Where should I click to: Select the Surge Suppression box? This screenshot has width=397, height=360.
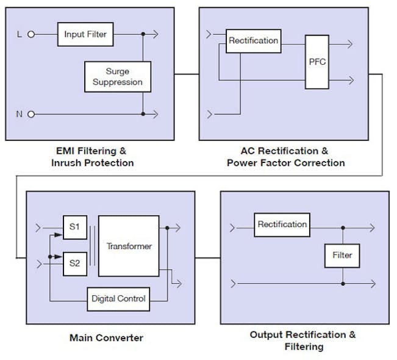(x=118, y=76)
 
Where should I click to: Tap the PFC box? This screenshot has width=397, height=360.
(x=317, y=62)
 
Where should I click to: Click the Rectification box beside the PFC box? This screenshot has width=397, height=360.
(x=253, y=41)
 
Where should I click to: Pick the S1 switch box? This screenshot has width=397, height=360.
(x=75, y=227)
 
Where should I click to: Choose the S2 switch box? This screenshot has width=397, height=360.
(x=75, y=264)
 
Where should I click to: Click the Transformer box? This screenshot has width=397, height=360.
(x=129, y=246)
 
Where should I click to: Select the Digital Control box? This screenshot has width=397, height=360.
(x=118, y=298)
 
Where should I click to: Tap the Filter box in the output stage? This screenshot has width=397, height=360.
(x=342, y=255)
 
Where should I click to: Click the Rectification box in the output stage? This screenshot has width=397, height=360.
(x=282, y=225)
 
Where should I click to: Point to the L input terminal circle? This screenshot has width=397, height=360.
(x=30, y=35)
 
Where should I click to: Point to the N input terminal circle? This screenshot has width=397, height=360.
(x=30, y=114)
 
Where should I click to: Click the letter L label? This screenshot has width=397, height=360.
(x=18, y=35)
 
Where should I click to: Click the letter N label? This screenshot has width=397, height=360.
(x=18, y=114)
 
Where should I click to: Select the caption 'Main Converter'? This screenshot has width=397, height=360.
(x=106, y=337)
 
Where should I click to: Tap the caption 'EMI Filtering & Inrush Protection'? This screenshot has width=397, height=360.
(x=92, y=157)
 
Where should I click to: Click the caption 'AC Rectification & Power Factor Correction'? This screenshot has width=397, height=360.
(x=285, y=157)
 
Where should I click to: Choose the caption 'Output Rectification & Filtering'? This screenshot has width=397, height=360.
(x=303, y=340)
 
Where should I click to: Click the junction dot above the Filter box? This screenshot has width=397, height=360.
(x=342, y=228)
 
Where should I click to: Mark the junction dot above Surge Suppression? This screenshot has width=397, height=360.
(x=143, y=35)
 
